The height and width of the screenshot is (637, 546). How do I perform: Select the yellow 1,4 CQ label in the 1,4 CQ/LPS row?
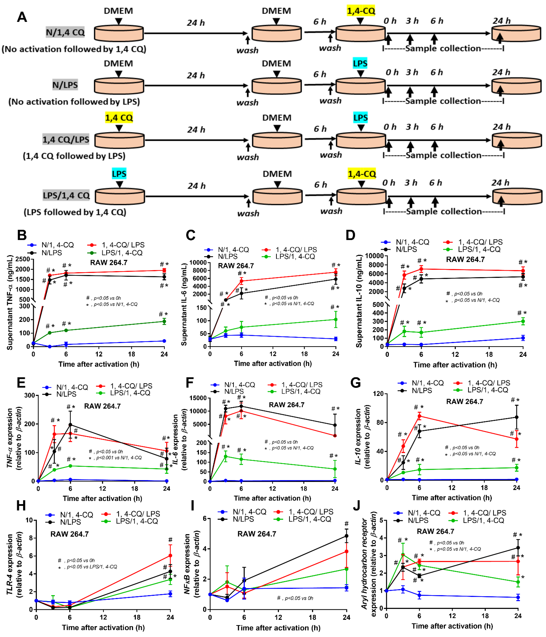119,118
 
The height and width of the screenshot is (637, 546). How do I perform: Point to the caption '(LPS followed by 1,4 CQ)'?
75,212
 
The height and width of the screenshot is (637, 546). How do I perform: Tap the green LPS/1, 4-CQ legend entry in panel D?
472,249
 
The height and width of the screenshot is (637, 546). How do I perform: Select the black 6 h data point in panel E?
70,425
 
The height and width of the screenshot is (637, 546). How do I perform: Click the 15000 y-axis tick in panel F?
198,398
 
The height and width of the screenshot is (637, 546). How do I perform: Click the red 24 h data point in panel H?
170,556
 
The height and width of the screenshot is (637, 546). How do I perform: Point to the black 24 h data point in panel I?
346,536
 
